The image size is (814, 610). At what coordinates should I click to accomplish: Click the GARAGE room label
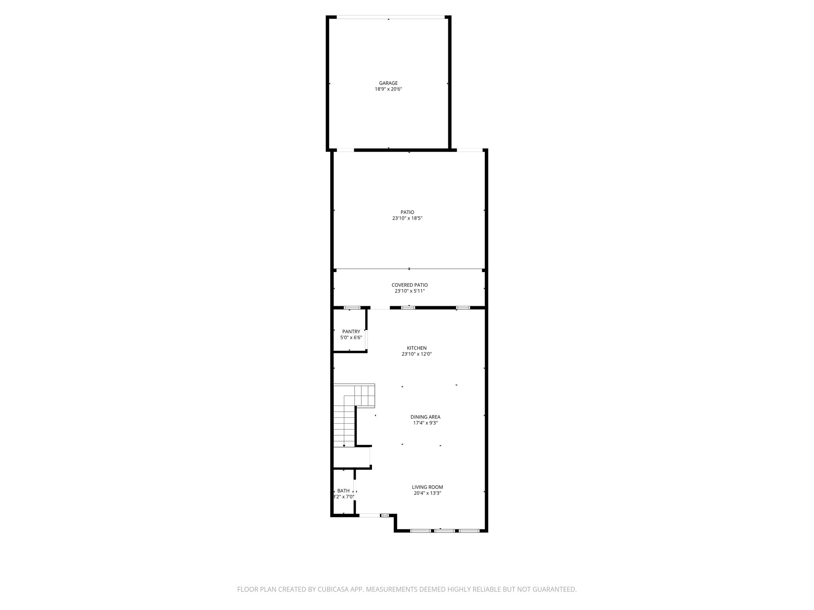(x=388, y=83)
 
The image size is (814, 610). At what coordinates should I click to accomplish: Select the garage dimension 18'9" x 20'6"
(x=388, y=89)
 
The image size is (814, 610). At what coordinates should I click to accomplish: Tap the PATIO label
(x=407, y=212)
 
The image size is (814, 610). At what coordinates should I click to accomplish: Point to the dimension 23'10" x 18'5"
(x=407, y=218)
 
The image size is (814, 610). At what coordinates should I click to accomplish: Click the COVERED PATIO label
(x=409, y=285)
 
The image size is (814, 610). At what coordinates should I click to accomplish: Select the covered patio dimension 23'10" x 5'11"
(x=409, y=291)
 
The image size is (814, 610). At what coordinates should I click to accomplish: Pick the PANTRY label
(x=351, y=332)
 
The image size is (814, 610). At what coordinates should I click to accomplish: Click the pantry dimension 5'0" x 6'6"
(x=351, y=338)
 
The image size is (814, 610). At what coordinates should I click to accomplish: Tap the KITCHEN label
(x=417, y=348)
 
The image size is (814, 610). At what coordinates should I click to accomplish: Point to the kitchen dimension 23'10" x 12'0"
(x=417, y=354)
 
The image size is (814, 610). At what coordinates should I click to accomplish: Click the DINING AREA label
(x=425, y=417)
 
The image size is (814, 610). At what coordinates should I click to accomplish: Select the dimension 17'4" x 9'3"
(x=425, y=423)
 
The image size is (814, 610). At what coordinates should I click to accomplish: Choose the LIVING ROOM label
(x=427, y=487)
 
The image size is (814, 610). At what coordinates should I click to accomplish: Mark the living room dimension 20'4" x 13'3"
(x=427, y=493)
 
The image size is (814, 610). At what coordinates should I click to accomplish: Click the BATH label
(x=343, y=491)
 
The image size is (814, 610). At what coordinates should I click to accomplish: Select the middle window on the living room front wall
(x=444, y=531)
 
